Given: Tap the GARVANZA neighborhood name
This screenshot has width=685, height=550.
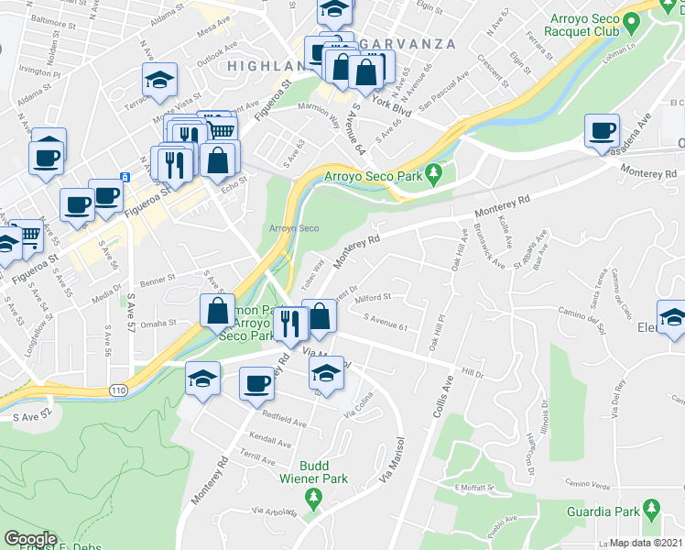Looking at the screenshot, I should (403, 43).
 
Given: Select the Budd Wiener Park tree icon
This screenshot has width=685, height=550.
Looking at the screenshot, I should (314, 499).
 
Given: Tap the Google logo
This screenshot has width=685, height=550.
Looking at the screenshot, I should (31, 538).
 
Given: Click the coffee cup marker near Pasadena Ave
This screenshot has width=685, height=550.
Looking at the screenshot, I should (602, 130).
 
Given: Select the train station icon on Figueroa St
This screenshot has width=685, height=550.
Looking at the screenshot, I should (123, 176).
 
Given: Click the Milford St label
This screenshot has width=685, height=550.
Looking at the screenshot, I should (373, 298).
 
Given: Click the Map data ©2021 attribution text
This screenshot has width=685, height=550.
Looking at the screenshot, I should (647, 543).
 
